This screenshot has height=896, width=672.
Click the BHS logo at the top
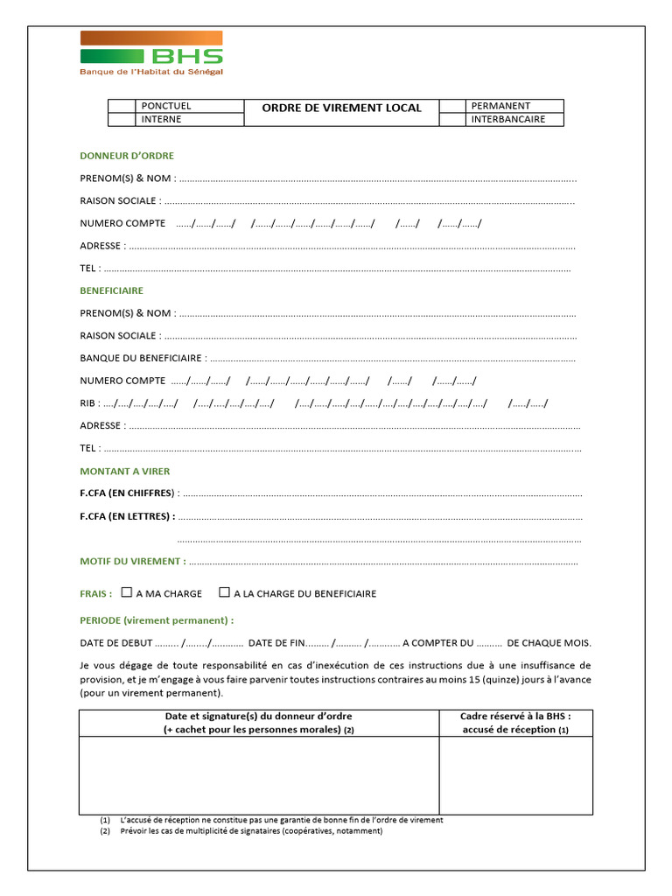click(x=151, y=52)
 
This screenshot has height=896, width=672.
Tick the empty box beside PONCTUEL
click(x=123, y=107)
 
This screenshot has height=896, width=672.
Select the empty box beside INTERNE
click(x=123, y=120)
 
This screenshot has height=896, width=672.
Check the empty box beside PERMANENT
click(x=452, y=107)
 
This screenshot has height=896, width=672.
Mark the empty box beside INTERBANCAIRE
click(x=452, y=120)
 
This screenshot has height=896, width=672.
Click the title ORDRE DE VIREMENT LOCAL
click(x=341, y=108)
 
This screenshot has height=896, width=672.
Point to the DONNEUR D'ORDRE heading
click(x=127, y=156)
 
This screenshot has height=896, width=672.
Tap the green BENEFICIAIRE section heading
click(x=112, y=290)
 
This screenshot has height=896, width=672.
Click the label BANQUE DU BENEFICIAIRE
click(x=143, y=358)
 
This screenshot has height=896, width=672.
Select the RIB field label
click(x=88, y=403)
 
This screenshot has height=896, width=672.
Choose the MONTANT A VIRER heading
click(x=125, y=472)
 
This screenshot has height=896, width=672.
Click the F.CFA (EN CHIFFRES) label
click(x=128, y=493)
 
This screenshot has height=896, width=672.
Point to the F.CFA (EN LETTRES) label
click(x=127, y=516)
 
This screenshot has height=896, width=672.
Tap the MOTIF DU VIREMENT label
click(x=132, y=562)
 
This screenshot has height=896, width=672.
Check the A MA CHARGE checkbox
click(x=127, y=592)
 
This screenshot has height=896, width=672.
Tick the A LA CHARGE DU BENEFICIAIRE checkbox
click(x=224, y=592)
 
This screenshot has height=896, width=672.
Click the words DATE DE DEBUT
click(x=116, y=643)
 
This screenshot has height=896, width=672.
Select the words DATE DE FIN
click(x=276, y=643)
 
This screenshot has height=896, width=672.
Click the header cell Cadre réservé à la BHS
click(x=515, y=723)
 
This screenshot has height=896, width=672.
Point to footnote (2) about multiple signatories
click(x=241, y=831)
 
